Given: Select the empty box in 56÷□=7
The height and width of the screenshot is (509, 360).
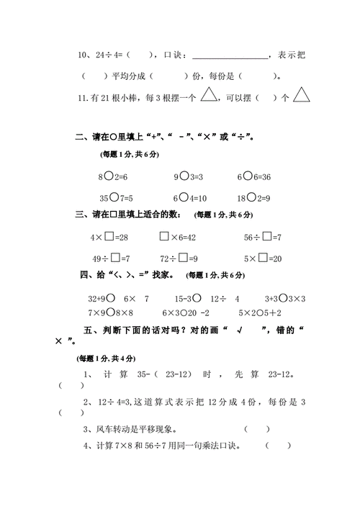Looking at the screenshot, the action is (266, 236).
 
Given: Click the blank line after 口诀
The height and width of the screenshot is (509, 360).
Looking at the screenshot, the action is (230, 55).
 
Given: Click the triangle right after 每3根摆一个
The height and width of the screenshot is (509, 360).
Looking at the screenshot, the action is (208, 95).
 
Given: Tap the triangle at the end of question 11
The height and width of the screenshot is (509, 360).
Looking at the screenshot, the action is (301, 95).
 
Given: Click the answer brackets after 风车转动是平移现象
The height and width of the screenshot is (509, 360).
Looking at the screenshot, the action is (257, 429).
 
